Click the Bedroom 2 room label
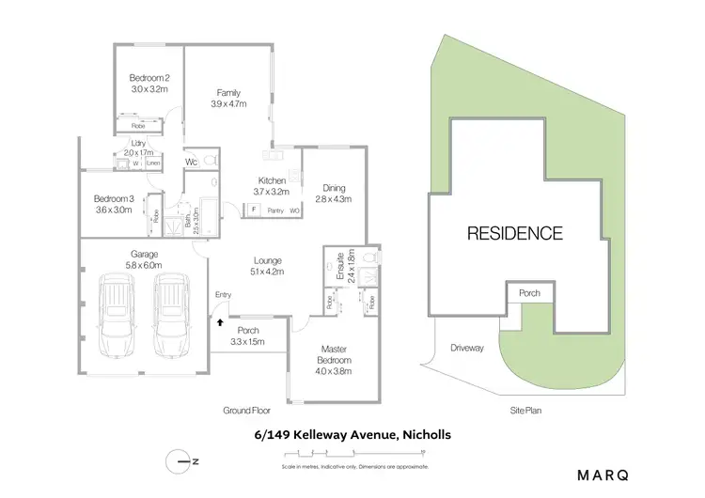coord(149,84)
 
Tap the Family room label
coord(228,99)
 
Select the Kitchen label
coord(272,185)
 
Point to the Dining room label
coord(333,193)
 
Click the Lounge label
coord(268,266)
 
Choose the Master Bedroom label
coord(334,354)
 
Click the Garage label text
coord(144,259)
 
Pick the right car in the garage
coord(171,315)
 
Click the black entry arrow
coord(220,321)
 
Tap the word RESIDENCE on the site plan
coord(515,233)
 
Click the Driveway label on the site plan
coord(466,348)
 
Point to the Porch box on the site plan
coord(530,294)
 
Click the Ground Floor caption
coord(246,411)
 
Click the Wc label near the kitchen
coord(191,162)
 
